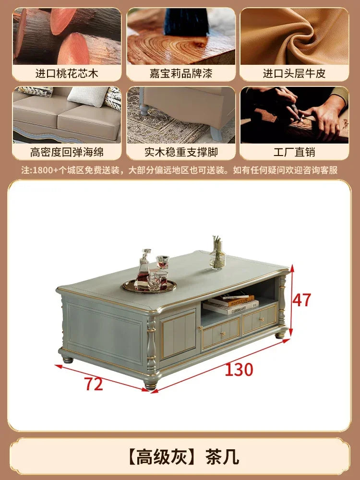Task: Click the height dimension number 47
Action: point(302,300)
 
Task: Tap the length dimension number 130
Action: point(239,370)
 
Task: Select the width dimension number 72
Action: point(94,384)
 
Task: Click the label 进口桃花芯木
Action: point(67,73)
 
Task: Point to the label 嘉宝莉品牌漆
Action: point(181,73)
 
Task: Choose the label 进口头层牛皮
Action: point(294,73)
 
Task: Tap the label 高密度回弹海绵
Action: point(67,153)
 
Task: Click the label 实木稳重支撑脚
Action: point(181,153)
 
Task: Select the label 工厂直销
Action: point(294,153)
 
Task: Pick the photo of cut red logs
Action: point(67,36)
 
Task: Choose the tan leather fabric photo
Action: point(294,36)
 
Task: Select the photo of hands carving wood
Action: point(294,115)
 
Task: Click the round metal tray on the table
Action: point(149,287)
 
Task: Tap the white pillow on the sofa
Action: point(86,96)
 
